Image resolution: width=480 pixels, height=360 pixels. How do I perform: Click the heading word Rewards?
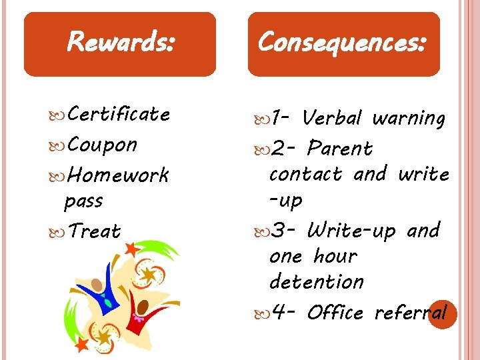(x=121, y=43)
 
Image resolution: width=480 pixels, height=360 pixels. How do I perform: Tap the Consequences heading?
(x=343, y=43)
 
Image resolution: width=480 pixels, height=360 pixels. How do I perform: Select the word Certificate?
(x=119, y=115)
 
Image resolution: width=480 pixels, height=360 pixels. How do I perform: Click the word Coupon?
(x=102, y=145)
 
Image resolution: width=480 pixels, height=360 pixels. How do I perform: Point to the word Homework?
(x=119, y=175)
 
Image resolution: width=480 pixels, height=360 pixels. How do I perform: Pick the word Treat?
(x=94, y=232)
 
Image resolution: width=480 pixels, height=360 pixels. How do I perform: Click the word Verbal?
(x=331, y=119)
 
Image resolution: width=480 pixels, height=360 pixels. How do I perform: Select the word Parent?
(x=340, y=148)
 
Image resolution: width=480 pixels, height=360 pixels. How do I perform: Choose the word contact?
(x=305, y=175)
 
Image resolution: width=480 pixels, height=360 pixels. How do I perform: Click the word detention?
(x=317, y=282)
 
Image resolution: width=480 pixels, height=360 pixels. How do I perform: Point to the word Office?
(x=335, y=313)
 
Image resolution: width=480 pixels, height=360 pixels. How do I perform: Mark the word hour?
(x=335, y=256)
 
